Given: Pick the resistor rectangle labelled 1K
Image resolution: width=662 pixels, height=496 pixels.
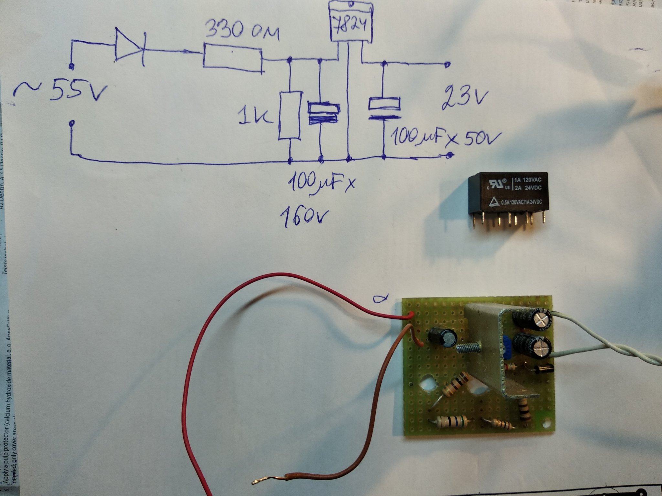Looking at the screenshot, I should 290,116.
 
